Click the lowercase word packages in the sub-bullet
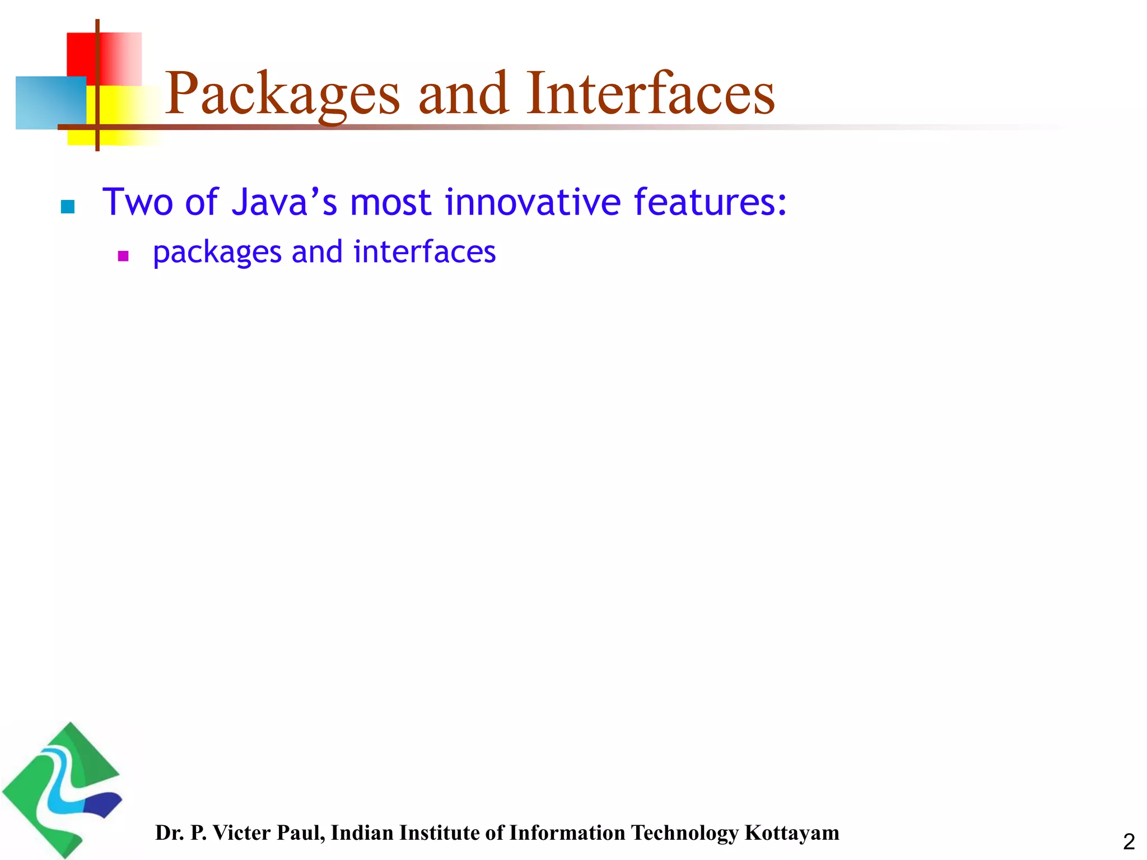(x=217, y=253)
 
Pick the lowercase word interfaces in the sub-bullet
(x=425, y=251)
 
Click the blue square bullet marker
(x=68, y=207)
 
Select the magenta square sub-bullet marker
(x=123, y=256)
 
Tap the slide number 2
(x=1129, y=842)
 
